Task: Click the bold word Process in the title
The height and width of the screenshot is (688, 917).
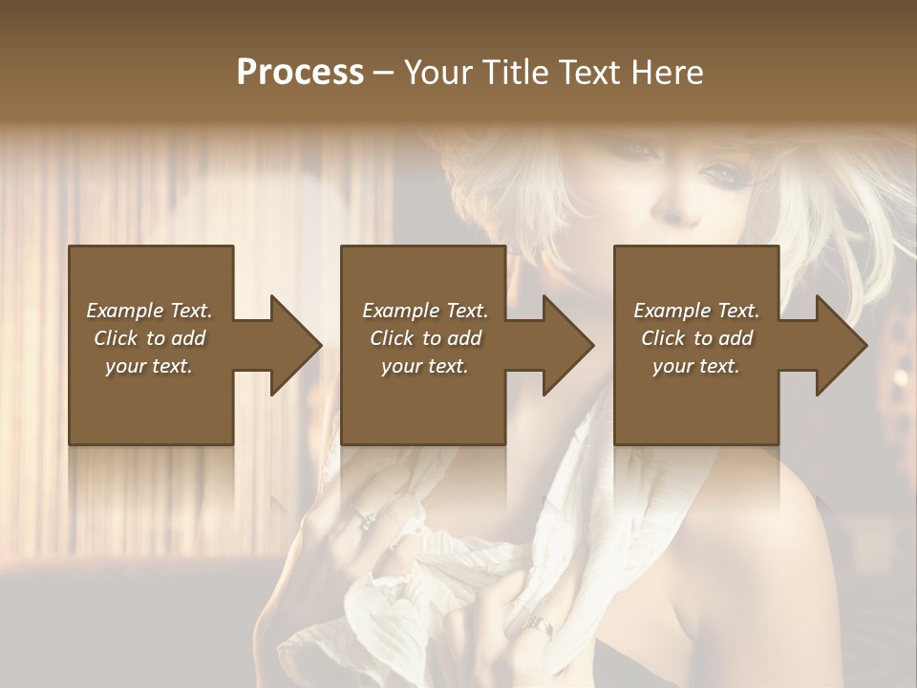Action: point(300,73)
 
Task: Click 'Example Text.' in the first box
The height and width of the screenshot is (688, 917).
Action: point(149,311)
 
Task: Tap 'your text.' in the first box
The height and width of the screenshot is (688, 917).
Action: point(149,366)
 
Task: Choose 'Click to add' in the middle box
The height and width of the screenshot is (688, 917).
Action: point(425,338)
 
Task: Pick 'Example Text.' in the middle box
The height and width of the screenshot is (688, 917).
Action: point(425,311)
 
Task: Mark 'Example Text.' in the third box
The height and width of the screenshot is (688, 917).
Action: point(696,311)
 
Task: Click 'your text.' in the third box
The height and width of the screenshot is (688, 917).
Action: point(696,366)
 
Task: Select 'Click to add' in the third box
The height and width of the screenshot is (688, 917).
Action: point(696,338)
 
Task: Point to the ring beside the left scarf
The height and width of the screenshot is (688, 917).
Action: point(367,519)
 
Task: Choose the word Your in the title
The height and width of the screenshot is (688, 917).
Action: point(435,73)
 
